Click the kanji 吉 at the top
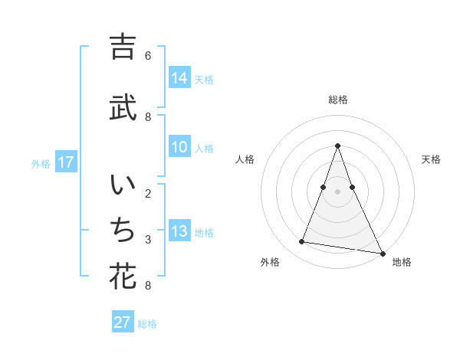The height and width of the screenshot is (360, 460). pos(123,47)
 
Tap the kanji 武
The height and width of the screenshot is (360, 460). pos(123,107)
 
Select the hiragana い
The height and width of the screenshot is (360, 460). pos(123,187)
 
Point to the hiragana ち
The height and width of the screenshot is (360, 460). pos(123,230)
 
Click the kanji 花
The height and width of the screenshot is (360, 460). pos(123,276)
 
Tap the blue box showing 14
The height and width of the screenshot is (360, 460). pos(179,78)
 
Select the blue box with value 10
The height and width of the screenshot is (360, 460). pos(179,148)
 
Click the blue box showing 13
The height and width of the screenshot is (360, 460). pos(179,232)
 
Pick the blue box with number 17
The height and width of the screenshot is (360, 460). pos(66,162)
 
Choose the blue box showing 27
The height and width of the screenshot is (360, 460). pos(123,322)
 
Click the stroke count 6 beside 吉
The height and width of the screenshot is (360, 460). pos(148,56)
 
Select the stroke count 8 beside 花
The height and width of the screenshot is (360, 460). pos(148,286)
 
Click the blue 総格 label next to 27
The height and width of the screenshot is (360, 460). pos(147,324)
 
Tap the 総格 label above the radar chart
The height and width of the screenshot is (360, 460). pos(337,100)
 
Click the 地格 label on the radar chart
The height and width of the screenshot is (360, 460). pos(402,262)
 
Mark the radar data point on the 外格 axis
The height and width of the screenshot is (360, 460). pos(302,242)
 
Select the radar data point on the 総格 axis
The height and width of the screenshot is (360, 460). pos(337,146)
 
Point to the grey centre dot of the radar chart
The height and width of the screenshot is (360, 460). pos(337,191)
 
